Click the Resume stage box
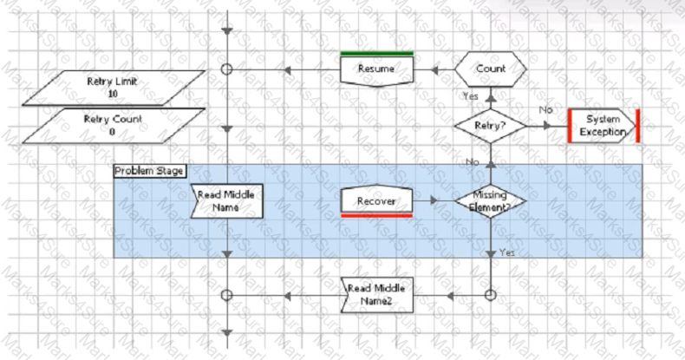[x=376, y=71]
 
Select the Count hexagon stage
[x=491, y=69]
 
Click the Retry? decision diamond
[x=491, y=126]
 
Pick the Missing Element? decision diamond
[x=491, y=201]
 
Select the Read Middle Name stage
[x=226, y=201]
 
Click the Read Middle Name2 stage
[x=376, y=295]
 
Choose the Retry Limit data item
[x=114, y=88]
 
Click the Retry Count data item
[x=114, y=126]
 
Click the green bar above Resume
[x=376, y=54]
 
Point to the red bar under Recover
[x=376, y=215]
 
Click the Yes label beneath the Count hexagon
[x=471, y=96]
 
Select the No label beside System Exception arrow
[x=545, y=109]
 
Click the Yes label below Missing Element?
[x=507, y=252]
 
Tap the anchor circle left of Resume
[x=226, y=69]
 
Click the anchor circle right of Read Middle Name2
[x=491, y=295]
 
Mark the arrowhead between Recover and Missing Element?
[x=434, y=200]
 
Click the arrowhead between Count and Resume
[x=434, y=70]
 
